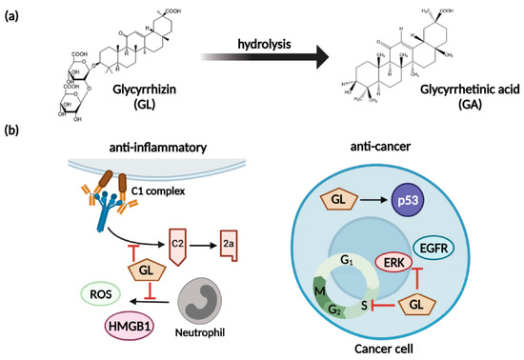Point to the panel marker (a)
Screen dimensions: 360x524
[x=12, y=12]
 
